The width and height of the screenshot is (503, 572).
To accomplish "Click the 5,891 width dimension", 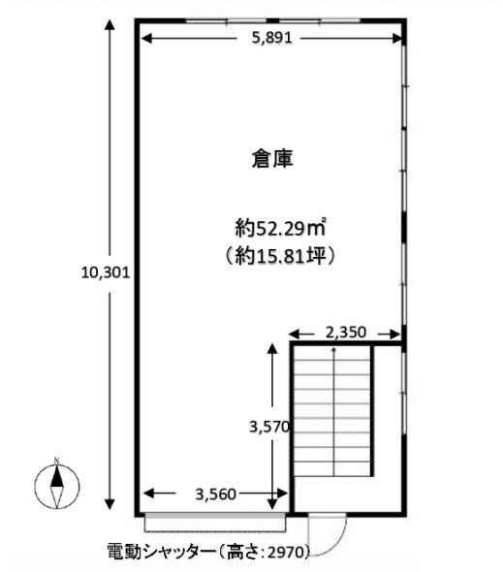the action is click(x=272, y=38).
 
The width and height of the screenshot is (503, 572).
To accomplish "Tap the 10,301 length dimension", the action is click(x=106, y=272).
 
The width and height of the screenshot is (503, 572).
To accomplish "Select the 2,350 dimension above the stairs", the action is click(x=345, y=333).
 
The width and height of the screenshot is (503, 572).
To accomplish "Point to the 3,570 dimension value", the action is click(x=269, y=427).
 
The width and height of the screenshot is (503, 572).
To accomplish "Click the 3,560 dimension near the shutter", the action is click(x=215, y=493).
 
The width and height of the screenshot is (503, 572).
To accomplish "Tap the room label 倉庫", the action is click(x=272, y=159).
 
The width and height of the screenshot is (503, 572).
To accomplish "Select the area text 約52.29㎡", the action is click(x=280, y=229).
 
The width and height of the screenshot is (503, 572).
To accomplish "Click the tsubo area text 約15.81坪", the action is click(x=280, y=256).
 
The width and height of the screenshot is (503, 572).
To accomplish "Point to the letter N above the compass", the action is click(x=56, y=461).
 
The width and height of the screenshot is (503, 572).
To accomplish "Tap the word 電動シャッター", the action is click(x=161, y=552).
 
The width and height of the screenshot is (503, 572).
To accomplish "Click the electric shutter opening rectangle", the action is click(x=215, y=523).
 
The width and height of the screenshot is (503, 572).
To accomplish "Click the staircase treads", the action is click(x=333, y=410).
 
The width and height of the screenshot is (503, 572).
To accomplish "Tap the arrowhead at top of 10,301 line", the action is click(x=110, y=24).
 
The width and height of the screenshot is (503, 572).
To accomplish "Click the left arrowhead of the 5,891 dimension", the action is click(x=146, y=38).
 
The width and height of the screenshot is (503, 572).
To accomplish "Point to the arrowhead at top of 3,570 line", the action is click(x=272, y=348).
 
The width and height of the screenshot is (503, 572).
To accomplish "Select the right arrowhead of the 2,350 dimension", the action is click(x=395, y=334).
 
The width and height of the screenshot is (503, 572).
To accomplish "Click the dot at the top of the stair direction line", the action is click(x=333, y=349).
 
